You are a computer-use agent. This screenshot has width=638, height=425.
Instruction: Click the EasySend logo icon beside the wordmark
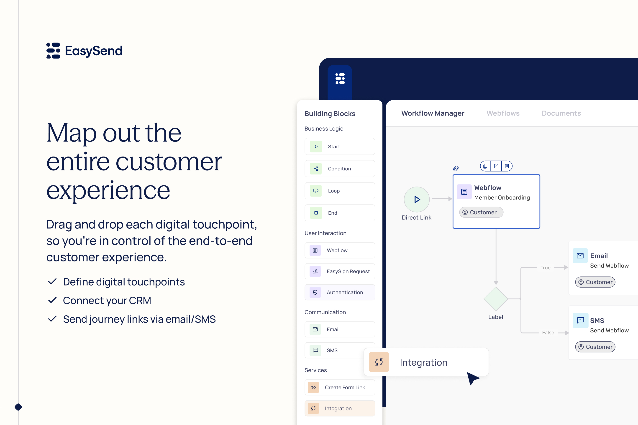(x=53, y=51)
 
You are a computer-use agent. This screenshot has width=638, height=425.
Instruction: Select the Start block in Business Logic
(x=339, y=146)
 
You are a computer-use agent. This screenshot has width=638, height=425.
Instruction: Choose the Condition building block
(x=339, y=169)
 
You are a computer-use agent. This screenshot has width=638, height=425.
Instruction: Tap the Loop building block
(x=339, y=191)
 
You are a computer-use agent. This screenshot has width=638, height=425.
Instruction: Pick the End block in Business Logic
(x=339, y=213)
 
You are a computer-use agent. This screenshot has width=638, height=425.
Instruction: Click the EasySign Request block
(x=339, y=271)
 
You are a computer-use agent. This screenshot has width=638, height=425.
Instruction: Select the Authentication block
(x=339, y=292)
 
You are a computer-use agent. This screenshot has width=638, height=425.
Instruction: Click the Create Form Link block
(x=339, y=387)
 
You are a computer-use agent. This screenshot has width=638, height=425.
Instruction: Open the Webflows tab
(x=503, y=113)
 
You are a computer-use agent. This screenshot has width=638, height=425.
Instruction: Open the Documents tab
(x=561, y=113)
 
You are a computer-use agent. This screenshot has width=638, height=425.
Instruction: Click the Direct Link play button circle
(x=417, y=200)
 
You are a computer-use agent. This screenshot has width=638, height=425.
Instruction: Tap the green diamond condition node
(x=496, y=299)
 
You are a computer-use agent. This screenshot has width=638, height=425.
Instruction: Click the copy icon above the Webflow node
(x=485, y=166)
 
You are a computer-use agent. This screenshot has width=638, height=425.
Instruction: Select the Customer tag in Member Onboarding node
(x=481, y=212)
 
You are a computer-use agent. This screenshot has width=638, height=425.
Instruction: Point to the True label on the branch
(x=546, y=268)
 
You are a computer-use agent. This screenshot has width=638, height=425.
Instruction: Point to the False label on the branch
(x=548, y=333)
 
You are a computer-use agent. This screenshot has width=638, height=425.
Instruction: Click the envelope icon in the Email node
(x=580, y=256)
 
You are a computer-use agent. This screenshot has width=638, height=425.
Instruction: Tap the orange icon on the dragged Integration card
(x=379, y=362)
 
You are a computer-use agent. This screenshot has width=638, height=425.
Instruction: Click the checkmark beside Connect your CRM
(x=52, y=300)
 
